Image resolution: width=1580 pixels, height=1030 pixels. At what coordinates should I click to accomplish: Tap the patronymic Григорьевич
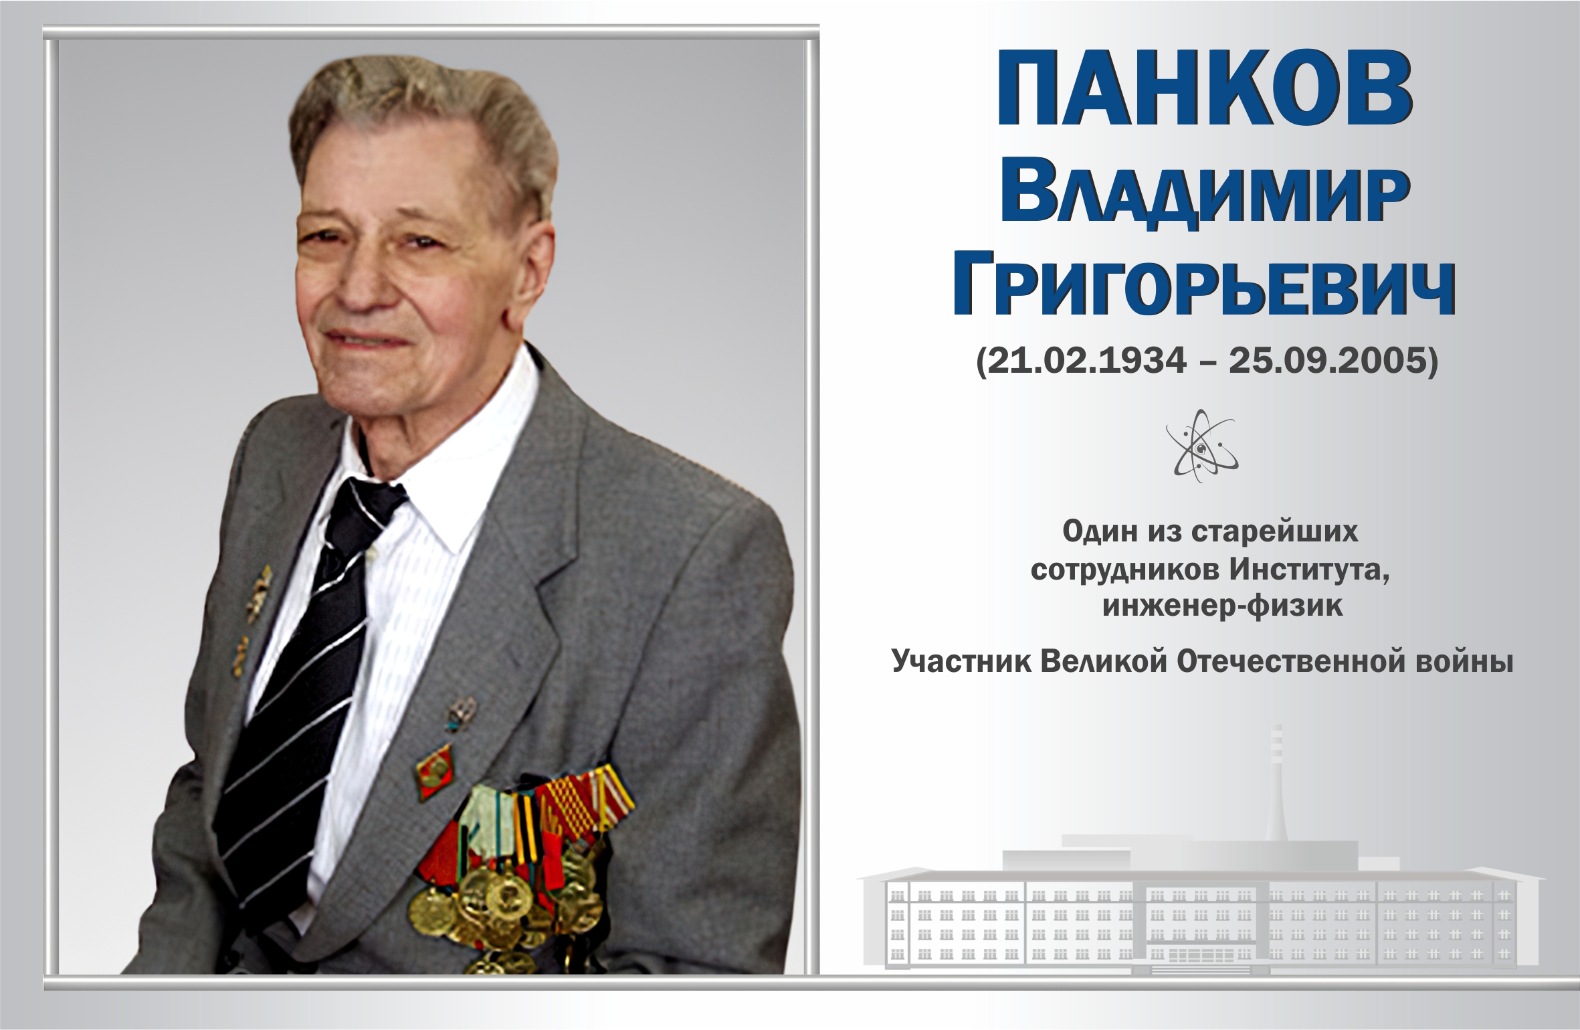coord(1203,289)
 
